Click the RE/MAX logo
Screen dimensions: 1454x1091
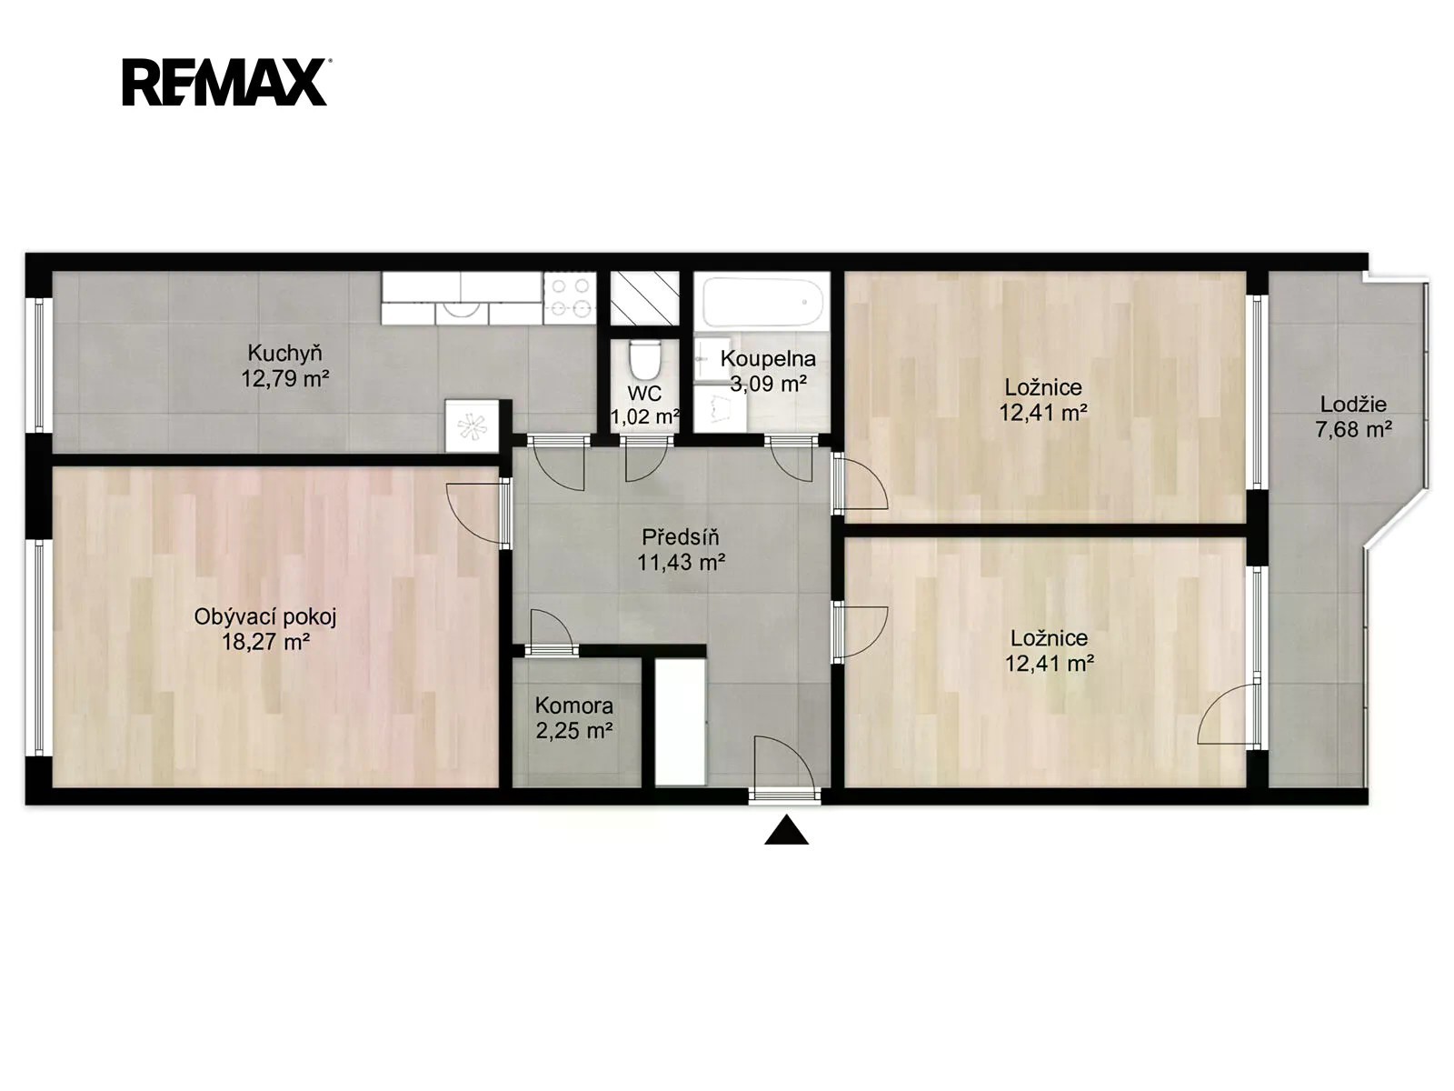[x=225, y=82]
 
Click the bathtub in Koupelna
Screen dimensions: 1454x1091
[x=762, y=302]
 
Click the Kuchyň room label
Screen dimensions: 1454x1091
[x=284, y=352]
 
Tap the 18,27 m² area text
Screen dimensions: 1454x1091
[x=265, y=642]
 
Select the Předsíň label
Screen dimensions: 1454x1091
[x=681, y=536]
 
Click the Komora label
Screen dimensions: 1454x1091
[x=573, y=706]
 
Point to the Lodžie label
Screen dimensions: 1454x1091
[x=1353, y=404]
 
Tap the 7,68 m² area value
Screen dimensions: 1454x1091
[x=1353, y=430]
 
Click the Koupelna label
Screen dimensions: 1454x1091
[x=768, y=359]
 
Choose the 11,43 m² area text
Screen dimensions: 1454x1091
[x=681, y=563]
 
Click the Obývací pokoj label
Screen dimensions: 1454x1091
[x=265, y=616]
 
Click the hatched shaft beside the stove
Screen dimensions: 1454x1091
[x=644, y=299]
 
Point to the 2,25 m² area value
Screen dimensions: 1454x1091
[x=573, y=732]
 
